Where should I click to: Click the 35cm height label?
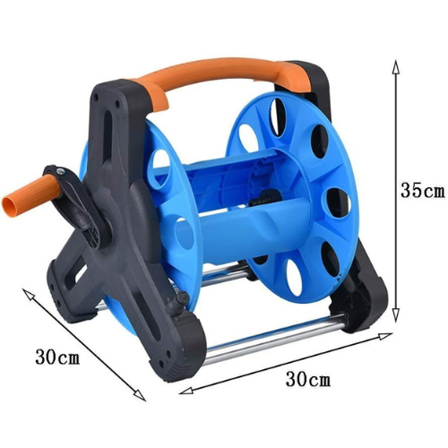(422, 190)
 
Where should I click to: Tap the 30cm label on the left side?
(57, 357)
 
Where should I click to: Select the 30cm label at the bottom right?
(308, 379)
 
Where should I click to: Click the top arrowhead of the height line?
(395, 66)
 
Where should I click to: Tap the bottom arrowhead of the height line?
(395, 315)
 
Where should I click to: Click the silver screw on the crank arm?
(61, 171)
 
